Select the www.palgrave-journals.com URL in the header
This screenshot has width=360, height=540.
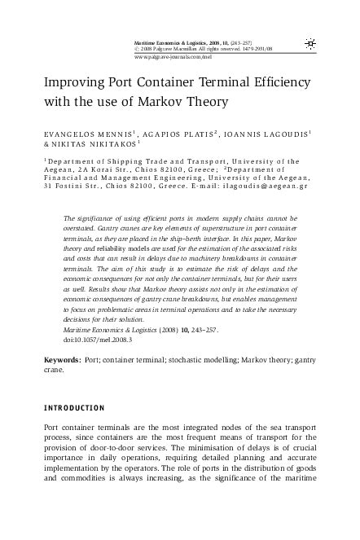pyautogui.click(x=161, y=59)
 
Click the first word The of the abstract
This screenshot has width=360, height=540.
pyautogui.click(x=68, y=219)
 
